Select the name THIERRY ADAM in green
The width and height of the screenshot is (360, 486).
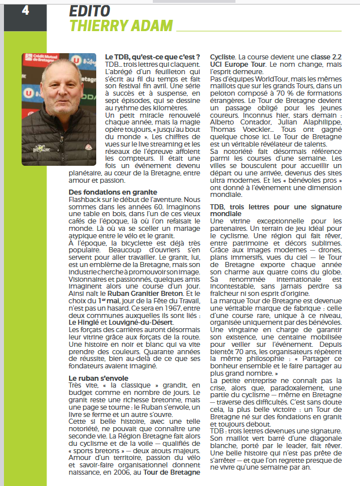121,25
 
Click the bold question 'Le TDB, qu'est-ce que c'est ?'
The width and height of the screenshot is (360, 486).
152,57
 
